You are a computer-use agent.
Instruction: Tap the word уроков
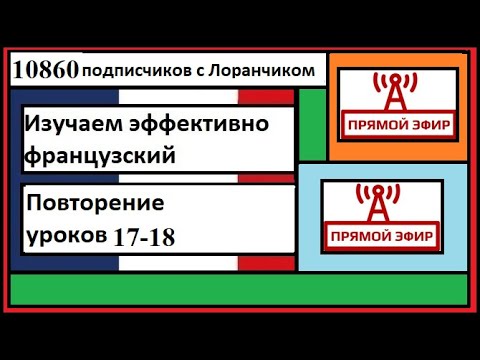point(65,236)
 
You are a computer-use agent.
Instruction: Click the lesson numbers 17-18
point(145,237)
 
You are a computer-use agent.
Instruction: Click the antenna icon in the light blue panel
point(379,204)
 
